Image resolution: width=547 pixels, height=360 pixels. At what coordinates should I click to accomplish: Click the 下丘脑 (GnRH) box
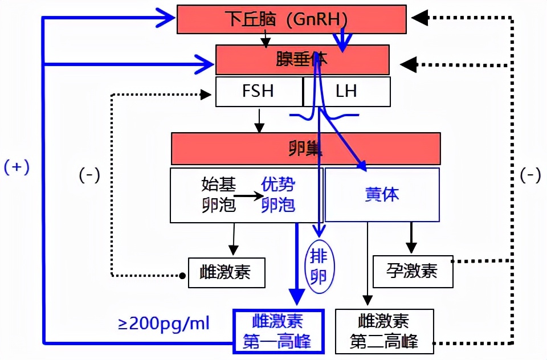(x=292, y=19)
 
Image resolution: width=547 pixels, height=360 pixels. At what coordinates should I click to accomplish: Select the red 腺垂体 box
(x=302, y=60)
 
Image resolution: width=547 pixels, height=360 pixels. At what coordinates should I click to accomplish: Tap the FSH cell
(x=259, y=92)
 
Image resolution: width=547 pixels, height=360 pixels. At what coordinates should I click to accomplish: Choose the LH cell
(x=346, y=92)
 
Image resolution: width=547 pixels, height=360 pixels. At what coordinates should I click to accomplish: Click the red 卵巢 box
(x=305, y=149)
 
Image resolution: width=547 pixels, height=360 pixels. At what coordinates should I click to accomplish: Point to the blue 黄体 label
(x=382, y=194)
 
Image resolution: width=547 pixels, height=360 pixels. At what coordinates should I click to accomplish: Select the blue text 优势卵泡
(x=278, y=194)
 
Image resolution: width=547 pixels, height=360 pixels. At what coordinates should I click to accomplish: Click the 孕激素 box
(x=413, y=271)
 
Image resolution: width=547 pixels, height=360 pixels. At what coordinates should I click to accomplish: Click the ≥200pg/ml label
(x=164, y=324)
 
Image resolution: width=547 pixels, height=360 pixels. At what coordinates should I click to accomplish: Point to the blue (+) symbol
(x=17, y=167)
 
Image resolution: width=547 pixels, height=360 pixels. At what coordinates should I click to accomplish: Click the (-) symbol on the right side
(x=530, y=175)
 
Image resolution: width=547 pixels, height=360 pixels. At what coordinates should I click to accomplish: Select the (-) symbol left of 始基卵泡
(x=89, y=175)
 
